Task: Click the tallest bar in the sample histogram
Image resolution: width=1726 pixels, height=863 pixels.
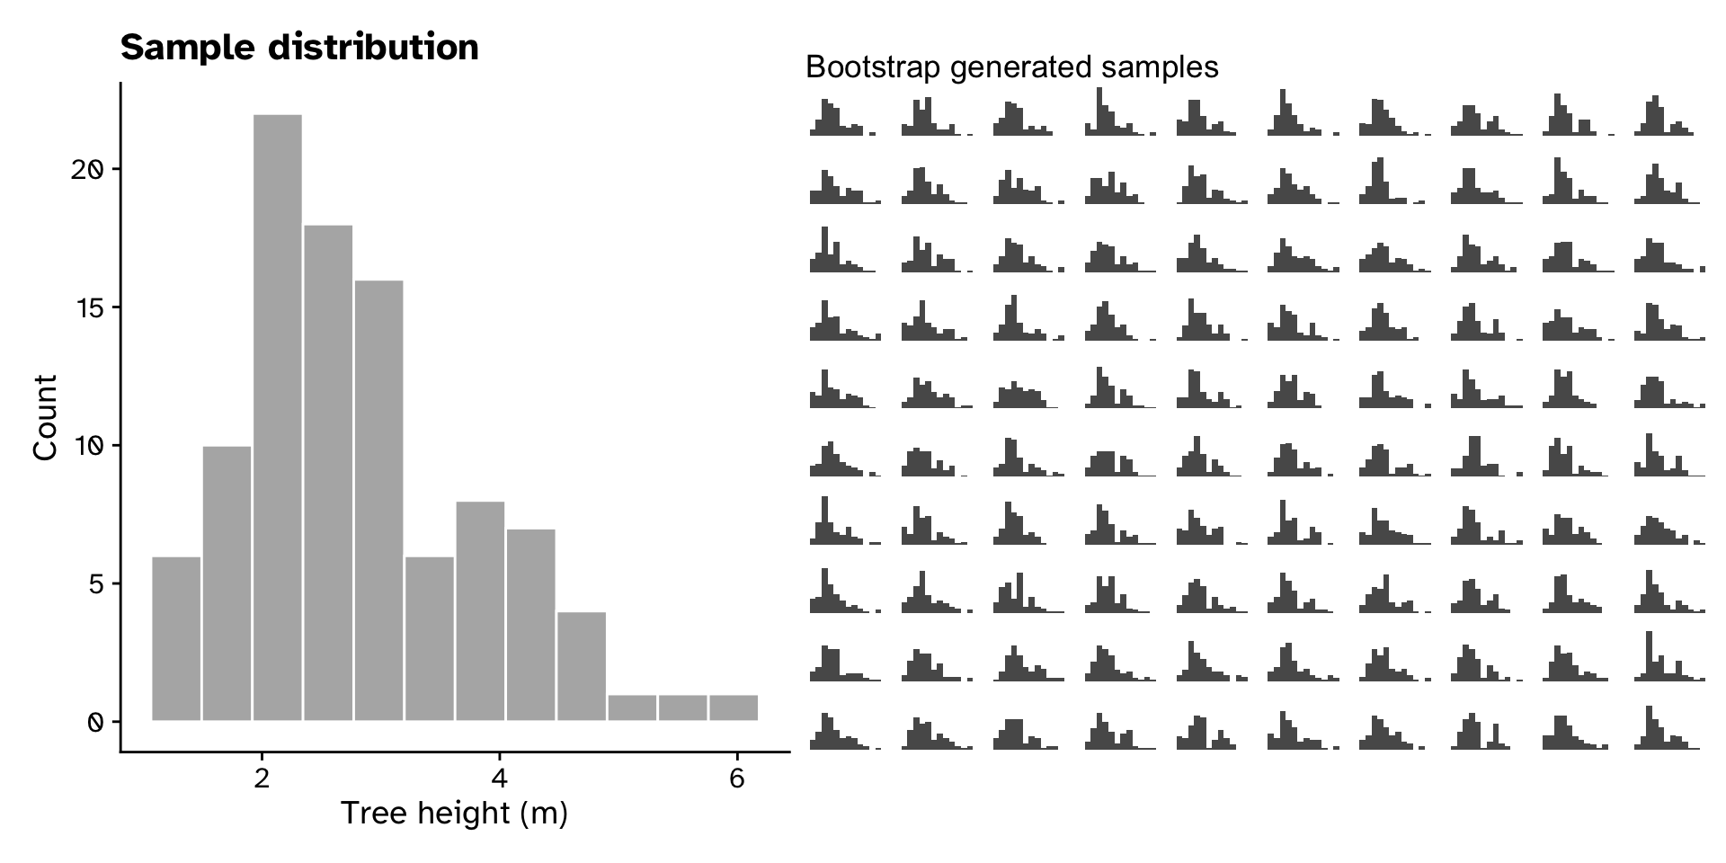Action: (277, 417)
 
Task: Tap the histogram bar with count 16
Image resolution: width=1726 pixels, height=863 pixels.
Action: (378, 500)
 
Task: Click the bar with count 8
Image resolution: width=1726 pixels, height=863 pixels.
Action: (480, 610)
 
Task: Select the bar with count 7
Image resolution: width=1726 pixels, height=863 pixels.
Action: (530, 625)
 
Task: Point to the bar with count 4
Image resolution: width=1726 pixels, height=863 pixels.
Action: (581, 666)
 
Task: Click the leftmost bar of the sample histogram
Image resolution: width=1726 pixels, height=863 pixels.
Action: (176, 638)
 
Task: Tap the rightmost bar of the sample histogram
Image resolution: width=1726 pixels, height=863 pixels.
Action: (733, 707)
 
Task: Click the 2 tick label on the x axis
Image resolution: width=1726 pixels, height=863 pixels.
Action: (262, 778)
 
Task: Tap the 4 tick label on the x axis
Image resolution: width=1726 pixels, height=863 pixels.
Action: (500, 778)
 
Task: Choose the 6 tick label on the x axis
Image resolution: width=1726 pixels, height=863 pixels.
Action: (737, 778)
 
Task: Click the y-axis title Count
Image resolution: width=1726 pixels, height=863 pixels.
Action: (45, 417)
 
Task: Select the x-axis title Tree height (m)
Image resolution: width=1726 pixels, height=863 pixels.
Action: (455, 814)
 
